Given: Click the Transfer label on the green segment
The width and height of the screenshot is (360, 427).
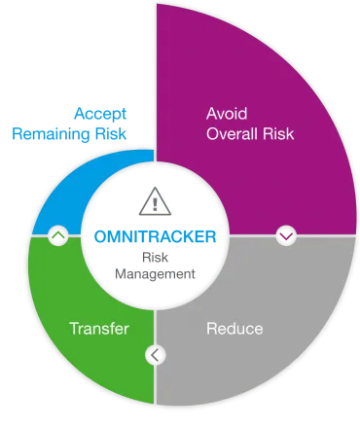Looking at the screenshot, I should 99,329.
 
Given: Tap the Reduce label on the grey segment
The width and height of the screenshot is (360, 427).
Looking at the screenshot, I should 234,329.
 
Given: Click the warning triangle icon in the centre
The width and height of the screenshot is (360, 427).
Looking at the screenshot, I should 155,202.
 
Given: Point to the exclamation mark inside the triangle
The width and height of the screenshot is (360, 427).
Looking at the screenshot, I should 155,204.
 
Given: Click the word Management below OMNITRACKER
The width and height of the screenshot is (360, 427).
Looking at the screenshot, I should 156,275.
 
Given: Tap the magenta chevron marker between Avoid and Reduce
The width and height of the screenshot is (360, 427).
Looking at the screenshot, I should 286,234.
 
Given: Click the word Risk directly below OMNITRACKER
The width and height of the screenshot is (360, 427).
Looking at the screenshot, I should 156,257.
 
